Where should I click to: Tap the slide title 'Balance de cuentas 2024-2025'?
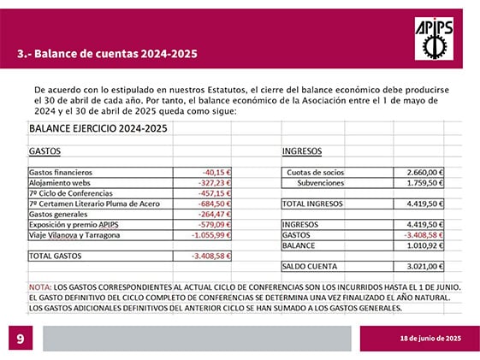pyautogui.click(x=107, y=54)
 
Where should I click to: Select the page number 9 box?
pyautogui.click(x=21, y=339)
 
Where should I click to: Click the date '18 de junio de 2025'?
pyautogui.click(x=432, y=339)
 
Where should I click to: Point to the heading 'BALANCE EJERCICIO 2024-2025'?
pyautogui.click(x=98, y=129)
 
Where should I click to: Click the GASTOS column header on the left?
pyautogui.click(x=44, y=150)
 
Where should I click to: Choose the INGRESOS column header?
pyautogui.click(x=302, y=150)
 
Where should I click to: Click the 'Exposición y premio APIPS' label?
pyautogui.click(x=74, y=224)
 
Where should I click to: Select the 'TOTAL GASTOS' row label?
pyautogui.click(x=55, y=256)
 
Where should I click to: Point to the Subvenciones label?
pyautogui.click(x=320, y=182)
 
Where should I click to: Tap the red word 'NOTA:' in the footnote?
pyautogui.click(x=40, y=286)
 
